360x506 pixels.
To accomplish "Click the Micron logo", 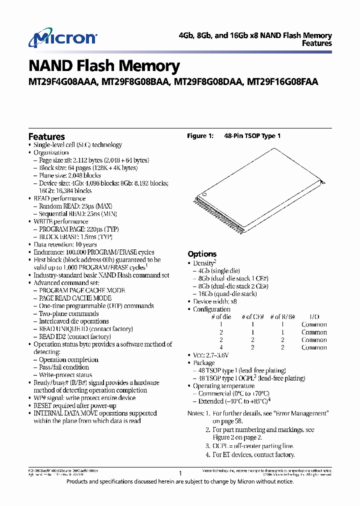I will (62, 39).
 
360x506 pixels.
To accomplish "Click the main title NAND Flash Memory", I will (104, 66).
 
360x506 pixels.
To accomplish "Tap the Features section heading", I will (46, 136).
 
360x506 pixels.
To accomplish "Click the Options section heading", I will (202, 254).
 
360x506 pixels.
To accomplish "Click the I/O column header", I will (314, 317).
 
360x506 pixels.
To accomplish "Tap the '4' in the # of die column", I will (221, 347).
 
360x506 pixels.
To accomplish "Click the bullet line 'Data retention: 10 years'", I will (65, 244).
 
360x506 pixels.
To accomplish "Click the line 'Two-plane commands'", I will (68, 313).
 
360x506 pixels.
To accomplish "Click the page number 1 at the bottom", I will (180, 472).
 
